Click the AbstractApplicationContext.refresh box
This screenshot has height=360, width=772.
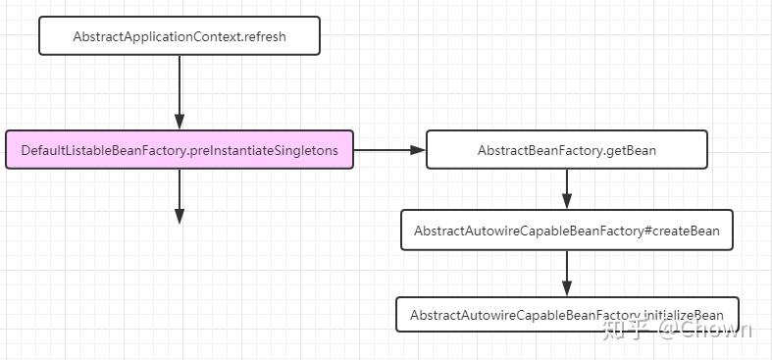click(x=180, y=35)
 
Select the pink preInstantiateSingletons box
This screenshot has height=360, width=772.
click(x=179, y=150)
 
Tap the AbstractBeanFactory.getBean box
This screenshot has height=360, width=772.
click(x=566, y=150)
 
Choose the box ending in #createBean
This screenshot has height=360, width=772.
click(x=566, y=231)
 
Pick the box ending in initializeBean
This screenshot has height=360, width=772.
click(x=566, y=315)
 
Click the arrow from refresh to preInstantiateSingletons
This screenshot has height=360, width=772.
click(x=180, y=92)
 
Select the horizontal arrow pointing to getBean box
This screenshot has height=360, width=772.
click(x=388, y=150)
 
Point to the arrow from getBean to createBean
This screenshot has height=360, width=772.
click(x=566, y=189)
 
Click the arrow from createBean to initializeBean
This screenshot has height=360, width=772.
click(x=566, y=273)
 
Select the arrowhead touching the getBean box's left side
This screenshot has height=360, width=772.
click(x=418, y=150)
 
